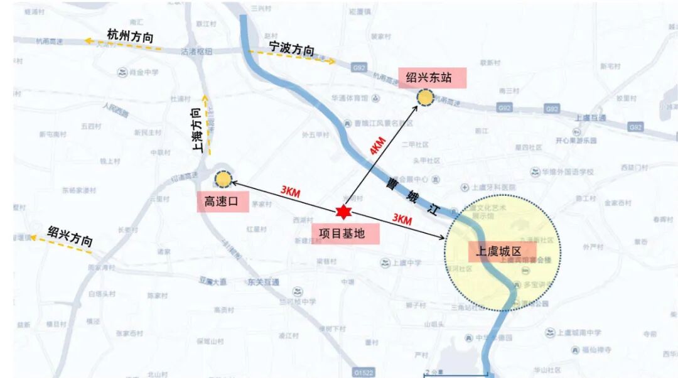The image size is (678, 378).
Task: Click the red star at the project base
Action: (x=343, y=212)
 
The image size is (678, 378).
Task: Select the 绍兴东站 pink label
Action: (x=429, y=78)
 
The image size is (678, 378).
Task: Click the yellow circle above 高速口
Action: (x=223, y=181)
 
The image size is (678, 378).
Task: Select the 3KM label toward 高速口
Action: (x=290, y=192)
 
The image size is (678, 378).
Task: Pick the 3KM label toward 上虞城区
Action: (x=402, y=219)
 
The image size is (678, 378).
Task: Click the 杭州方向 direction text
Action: (x=130, y=36)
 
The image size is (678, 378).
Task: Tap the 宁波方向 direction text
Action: (x=291, y=49)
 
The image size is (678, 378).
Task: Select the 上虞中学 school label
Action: (x=406, y=262)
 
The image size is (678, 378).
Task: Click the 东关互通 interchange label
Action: (x=263, y=282)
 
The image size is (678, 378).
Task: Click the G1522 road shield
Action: (x=363, y=373)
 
